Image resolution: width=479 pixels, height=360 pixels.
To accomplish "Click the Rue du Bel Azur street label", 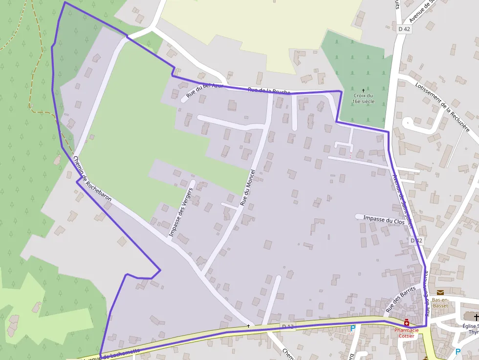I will click(x=204, y=89).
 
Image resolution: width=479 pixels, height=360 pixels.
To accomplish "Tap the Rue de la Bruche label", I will click(x=269, y=91).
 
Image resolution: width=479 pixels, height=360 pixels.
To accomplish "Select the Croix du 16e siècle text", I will click(x=363, y=98).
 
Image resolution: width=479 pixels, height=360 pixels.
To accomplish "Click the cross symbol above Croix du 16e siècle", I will click(x=363, y=90).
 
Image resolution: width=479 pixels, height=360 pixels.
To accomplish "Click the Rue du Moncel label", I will click(x=248, y=187).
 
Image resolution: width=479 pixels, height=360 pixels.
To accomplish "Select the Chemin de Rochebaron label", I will click(x=92, y=179).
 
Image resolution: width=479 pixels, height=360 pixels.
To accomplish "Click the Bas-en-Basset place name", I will click(x=440, y=302).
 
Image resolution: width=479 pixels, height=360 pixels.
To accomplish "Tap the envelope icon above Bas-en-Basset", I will click(x=440, y=293).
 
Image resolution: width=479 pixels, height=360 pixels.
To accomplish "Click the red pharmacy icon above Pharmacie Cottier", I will click(x=407, y=323).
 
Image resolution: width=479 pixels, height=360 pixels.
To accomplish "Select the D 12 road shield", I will click(x=288, y=326).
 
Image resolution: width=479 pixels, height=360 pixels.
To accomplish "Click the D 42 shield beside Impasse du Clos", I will click(x=416, y=241).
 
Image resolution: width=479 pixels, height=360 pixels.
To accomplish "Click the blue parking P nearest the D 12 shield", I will click(x=352, y=329).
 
